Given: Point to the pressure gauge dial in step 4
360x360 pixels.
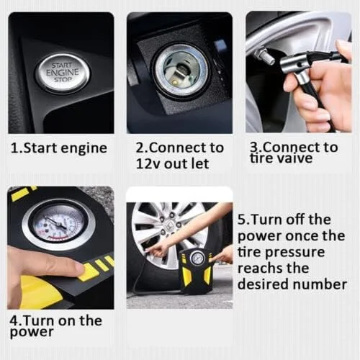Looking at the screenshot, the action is (x=58, y=223).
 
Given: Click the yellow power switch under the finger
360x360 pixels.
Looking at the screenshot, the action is (x=88, y=272).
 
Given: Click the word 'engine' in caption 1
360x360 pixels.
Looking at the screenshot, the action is (x=84, y=148).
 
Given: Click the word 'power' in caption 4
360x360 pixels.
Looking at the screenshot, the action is (x=32, y=333).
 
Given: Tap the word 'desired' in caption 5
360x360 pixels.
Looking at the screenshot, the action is (x=264, y=284).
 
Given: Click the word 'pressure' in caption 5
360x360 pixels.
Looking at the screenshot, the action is (x=295, y=253).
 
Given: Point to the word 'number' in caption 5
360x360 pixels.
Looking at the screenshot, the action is (x=320, y=284).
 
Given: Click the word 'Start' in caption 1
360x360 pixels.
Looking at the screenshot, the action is (x=40, y=148).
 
